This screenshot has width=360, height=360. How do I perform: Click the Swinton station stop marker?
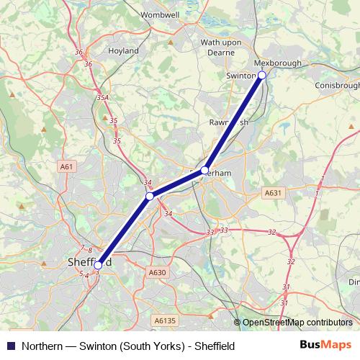click(x=262, y=75)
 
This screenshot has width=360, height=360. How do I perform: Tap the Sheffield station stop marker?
click(x=98, y=265)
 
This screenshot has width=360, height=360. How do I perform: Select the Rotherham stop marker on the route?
click(x=205, y=171)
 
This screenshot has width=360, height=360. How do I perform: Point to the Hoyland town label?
click(x=123, y=51)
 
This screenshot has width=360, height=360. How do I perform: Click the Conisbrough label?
click(x=336, y=85)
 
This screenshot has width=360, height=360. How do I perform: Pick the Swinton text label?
click(x=241, y=76)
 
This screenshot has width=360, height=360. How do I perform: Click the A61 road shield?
click(x=67, y=166)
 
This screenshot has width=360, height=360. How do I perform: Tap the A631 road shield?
click(x=272, y=192)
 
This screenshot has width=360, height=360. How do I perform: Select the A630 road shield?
click(x=157, y=272)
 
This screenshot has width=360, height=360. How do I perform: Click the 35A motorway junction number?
click(x=102, y=98)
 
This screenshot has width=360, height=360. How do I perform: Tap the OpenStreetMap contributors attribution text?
click(x=297, y=323)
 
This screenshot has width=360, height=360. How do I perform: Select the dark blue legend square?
click(x=11, y=346)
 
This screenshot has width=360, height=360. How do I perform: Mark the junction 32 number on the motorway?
click(x=271, y=232)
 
